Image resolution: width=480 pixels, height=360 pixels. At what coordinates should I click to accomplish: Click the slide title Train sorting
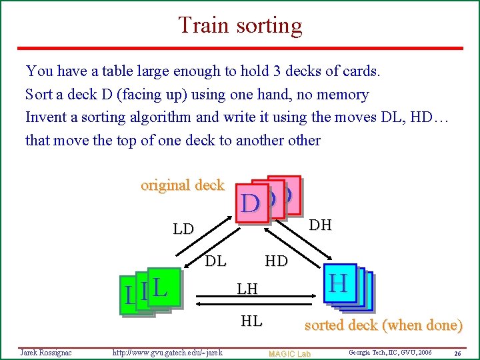240,25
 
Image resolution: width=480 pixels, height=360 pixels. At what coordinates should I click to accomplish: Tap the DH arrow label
321,225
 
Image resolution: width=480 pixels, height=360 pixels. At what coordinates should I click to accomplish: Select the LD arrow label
183,229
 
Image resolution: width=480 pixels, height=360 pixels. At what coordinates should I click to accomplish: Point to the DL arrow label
215,261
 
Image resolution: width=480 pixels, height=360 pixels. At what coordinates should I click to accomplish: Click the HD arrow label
276,261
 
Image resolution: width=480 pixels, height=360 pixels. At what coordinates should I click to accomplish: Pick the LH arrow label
247,289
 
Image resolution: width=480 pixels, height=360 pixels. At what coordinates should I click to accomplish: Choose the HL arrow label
251,321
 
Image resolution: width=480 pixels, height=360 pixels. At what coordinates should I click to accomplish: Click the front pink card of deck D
250,203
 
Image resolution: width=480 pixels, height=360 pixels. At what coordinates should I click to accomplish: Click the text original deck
182,185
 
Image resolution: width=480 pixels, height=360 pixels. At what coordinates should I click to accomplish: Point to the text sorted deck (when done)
383,325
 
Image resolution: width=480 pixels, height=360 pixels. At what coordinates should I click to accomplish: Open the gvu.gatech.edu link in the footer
167,352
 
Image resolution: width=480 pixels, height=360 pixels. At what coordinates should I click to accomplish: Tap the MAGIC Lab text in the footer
289,353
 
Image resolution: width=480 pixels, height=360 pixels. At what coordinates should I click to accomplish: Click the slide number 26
457,353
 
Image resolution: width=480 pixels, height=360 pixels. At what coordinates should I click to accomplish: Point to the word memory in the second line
344,95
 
